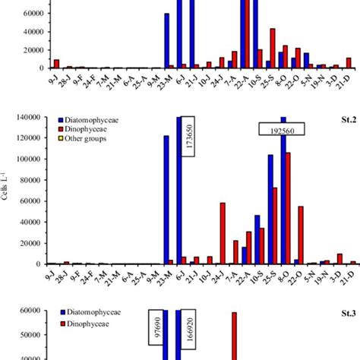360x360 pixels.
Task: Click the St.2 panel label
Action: pyautogui.click(x=341, y=121)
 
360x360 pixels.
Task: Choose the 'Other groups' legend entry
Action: pyautogui.click(x=87, y=143)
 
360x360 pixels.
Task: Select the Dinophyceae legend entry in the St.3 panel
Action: pyautogui.click(x=90, y=324)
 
